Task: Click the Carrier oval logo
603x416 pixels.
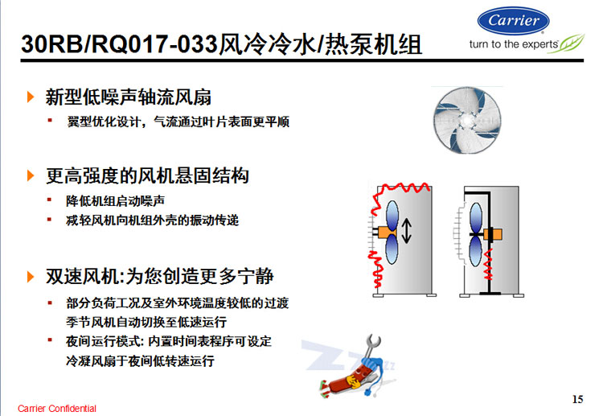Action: coord(513,21)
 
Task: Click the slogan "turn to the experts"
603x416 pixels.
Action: coord(513,44)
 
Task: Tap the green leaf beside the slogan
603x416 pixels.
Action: coord(567,43)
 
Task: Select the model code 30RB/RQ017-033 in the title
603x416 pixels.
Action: coord(120,44)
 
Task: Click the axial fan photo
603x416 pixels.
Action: coord(467,120)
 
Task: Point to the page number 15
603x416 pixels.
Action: coord(577,399)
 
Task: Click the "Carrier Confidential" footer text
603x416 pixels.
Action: coord(57,408)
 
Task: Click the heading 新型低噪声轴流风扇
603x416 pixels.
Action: coord(129,97)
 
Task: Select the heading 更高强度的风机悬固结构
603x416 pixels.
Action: coord(147,176)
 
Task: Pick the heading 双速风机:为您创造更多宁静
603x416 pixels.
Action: coord(160,276)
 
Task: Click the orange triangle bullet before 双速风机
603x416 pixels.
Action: coord(31,277)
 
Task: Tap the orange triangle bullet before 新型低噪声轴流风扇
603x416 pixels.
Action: coord(31,97)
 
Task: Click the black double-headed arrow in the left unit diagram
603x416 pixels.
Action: coord(407,231)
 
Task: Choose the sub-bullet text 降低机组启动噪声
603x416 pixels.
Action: coord(115,201)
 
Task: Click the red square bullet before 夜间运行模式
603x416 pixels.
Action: coord(50,340)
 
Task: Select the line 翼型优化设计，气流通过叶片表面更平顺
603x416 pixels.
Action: coord(178,122)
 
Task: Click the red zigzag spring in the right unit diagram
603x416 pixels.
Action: coord(488,265)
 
